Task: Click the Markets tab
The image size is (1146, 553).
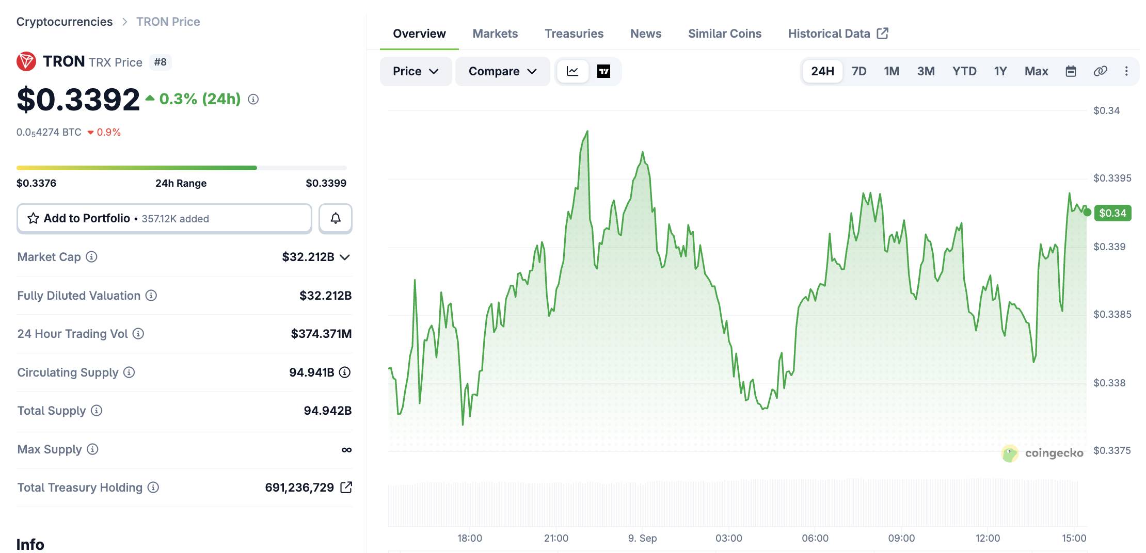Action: pos(495,34)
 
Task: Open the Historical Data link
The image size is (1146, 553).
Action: pos(838,34)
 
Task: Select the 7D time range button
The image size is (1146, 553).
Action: pos(859,71)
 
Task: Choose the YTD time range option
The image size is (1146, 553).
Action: pos(964,71)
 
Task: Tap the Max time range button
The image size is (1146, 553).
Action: pos(1036,71)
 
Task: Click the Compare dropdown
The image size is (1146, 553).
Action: pos(502,71)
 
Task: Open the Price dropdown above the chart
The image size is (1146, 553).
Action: pos(416,71)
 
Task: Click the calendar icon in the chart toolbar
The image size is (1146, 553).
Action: pos(1071,71)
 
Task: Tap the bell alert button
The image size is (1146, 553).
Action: pos(336,218)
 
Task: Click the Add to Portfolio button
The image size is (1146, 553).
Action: pos(164,218)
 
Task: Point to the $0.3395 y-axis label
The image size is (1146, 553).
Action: pos(1112,178)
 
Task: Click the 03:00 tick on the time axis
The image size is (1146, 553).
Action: pos(728,538)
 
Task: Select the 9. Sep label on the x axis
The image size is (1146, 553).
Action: pos(642,538)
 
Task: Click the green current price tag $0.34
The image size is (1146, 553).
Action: pos(1112,213)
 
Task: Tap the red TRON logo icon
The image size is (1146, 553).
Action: pos(26,61)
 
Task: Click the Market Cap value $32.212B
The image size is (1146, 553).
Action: pos(308,257)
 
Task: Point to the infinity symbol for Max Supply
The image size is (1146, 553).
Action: pos(346,450)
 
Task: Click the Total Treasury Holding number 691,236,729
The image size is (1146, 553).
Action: pos(299,487)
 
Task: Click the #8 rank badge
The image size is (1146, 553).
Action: pos(161,62)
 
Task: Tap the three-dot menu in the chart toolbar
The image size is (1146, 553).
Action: pos(1126,71)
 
